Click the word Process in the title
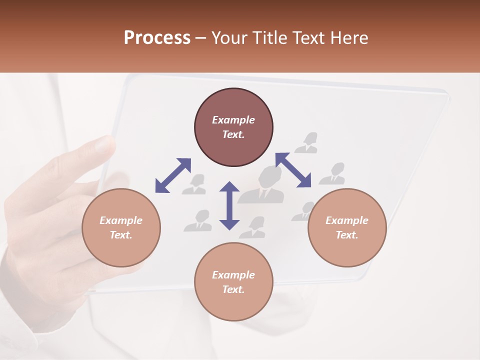pyautogui.click(x=157, y=38)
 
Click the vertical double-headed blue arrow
pyautogui.click(x=229, y=205)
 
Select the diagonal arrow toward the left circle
pyautogui.click(x=173, y=175)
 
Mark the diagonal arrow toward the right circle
pyautogui.click(x=293, y=170)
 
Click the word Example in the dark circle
pyautogui.click(x=233, y=120)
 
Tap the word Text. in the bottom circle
pyautogui.click(x=233, y=289)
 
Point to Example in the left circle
pyautogui.click(x=121, y=220)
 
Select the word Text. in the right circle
pyautogui.click(x=347, y=235)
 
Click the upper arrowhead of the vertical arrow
pyautogui.click(x=229, y=187)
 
